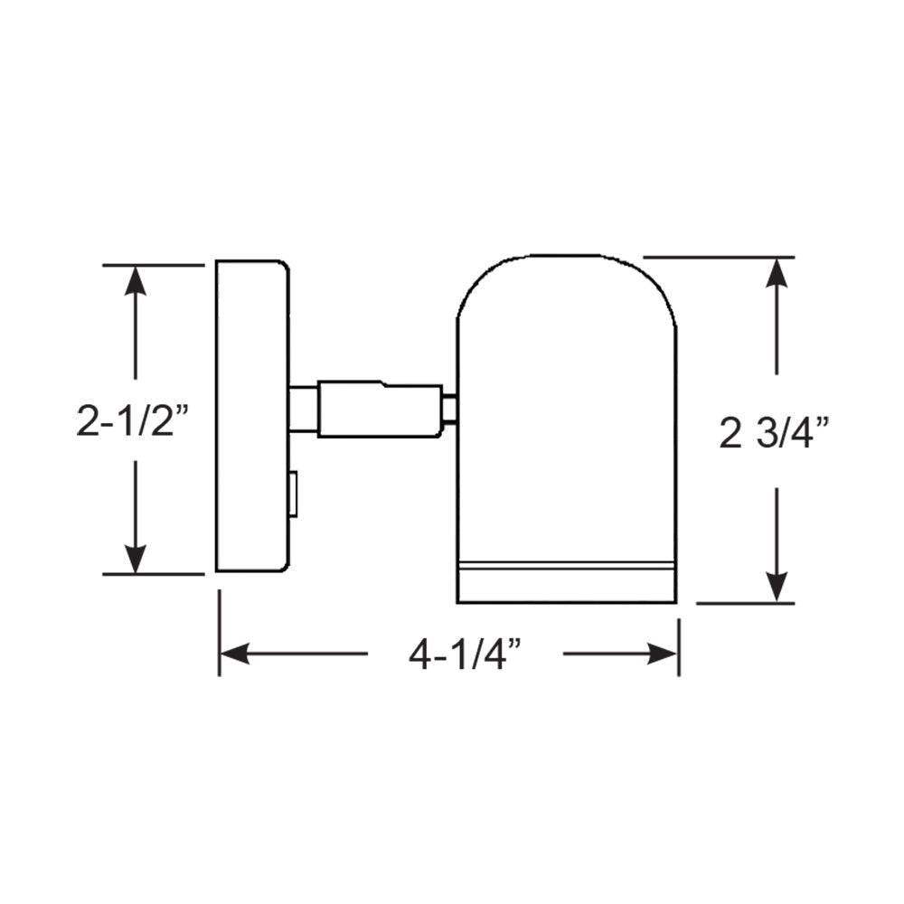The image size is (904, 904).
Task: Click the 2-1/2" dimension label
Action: [x=136, y=421]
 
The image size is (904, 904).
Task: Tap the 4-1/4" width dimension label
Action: [x=466, y=654]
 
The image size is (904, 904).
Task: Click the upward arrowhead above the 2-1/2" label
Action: [x=136, y=280]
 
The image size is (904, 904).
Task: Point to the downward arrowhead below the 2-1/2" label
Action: [x=136, y=559]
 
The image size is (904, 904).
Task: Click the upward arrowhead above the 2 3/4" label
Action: [x=777, y=272]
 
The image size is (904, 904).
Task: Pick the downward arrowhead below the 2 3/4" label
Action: [x=777, y=588]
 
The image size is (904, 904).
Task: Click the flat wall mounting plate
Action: [x=250, y=416]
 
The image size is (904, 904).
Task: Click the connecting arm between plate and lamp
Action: [x=380, y=410]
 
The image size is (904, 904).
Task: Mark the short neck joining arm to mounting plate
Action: [x=303, y=410]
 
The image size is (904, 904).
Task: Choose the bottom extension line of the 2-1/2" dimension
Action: [x=154, y=574]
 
